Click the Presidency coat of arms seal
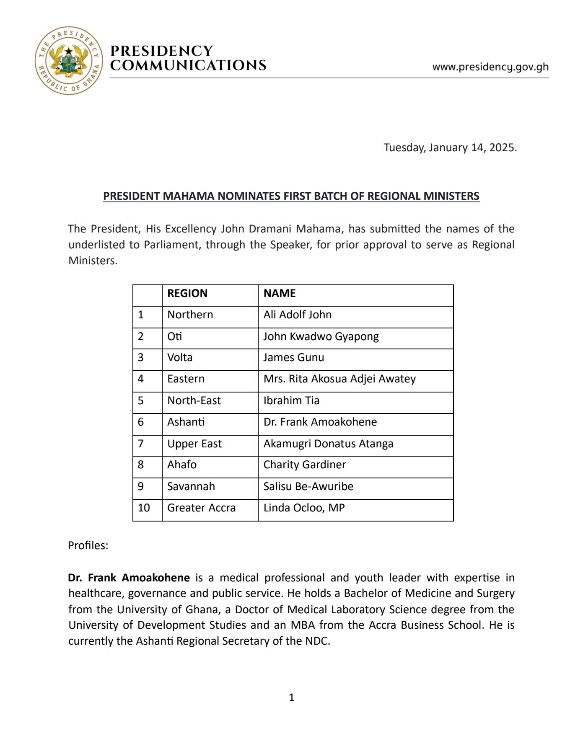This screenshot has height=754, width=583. [68, 60]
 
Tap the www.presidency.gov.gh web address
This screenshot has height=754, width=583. [490, 67]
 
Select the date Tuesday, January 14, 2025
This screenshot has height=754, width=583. [450, 148]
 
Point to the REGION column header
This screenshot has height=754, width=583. [187, 293]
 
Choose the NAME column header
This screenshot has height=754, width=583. [280, 293]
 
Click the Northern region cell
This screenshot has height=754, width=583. [190, 315]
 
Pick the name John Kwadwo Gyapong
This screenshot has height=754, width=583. [321, 336]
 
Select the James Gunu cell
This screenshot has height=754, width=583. [293, 358]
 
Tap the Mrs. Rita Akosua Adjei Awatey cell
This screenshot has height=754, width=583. [339, 379]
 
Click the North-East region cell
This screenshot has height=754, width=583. [194, 400]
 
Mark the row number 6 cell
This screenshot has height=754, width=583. [141, 422]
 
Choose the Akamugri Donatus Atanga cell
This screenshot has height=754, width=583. [328, 444]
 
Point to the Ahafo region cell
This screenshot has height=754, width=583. [182, 465]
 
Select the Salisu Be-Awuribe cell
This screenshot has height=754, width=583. [308, 486]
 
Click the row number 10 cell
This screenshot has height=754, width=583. [144, 508]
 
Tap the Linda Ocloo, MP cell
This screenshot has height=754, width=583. [304, 508]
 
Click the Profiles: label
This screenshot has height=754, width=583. [88, 545]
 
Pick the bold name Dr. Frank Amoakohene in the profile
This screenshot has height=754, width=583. [129, 578]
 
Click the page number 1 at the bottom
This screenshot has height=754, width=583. [292, 697]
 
